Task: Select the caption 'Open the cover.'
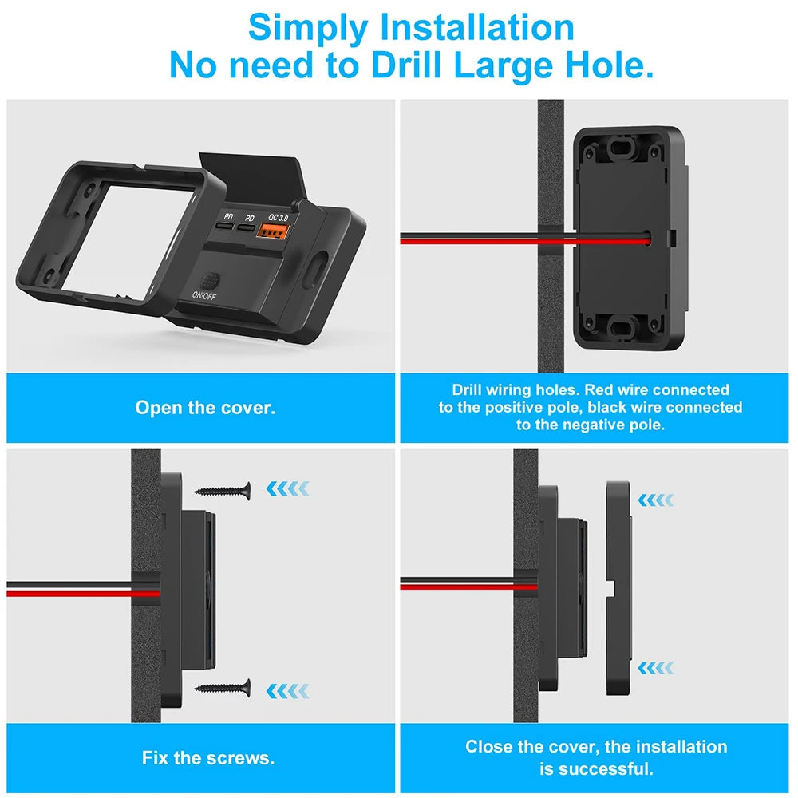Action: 205,408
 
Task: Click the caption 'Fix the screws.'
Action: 208,757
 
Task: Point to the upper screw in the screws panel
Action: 223,488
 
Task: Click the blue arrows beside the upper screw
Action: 286,488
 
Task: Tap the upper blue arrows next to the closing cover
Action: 655,500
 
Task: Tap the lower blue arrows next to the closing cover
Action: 655,667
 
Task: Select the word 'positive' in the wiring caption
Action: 504,407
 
